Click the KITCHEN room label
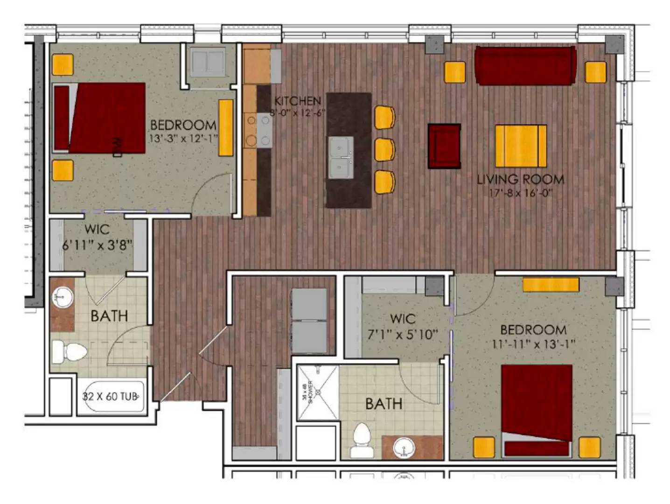click(x=298, y=101)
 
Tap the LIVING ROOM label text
click(x=520, y=179)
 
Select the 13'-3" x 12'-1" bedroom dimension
click(x=183, y=139)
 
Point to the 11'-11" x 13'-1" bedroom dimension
click(x=533, y=344)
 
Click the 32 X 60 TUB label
click(x=110, y=397)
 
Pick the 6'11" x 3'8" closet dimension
click(x=97, y=245)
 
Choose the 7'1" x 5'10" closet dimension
click(x=402, y=334)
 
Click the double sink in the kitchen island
click(x=340, y=157)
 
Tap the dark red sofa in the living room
click(x=525, y=65)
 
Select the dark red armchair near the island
click(x=444, y=146)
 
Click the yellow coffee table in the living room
click(x=521, y=146)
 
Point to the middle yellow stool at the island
click(x=384, y=149)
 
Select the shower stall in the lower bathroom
click(x=318, y=392)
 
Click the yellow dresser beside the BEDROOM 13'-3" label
click(x=226, y=127)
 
